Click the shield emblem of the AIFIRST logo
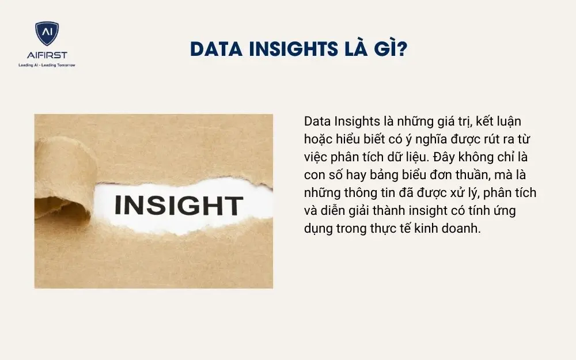point(47,34)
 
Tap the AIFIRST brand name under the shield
point(47,55)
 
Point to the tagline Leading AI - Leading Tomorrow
point(47,65)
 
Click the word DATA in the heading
point(214,50)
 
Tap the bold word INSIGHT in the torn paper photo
point(179,206)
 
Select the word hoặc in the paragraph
point(318,139)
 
